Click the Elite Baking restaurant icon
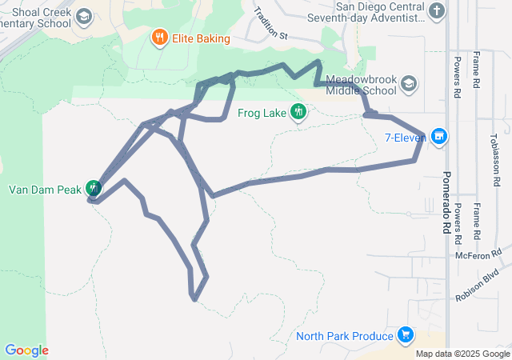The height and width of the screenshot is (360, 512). click(x=160, y=38)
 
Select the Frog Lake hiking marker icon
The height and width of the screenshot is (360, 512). click(x=298, y=111)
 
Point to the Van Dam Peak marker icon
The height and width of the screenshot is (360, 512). click(x=94, y=187)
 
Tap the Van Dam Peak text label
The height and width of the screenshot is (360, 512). click(x=45, y=190)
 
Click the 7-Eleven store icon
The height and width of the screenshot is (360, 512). click(x=438, y=137)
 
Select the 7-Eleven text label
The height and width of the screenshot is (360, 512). click(x=406, y=138)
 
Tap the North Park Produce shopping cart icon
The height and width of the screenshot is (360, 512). click(x=405, y=335)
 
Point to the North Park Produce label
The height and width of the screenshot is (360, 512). click(x=345, y=336)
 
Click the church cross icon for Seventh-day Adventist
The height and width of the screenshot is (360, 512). click(x=435, y=11)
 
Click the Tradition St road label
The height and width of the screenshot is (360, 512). click(x=270, y=24)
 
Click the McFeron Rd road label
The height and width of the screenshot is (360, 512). click(x=478, y=254)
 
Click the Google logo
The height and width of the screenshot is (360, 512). click(x=26, y=350)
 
